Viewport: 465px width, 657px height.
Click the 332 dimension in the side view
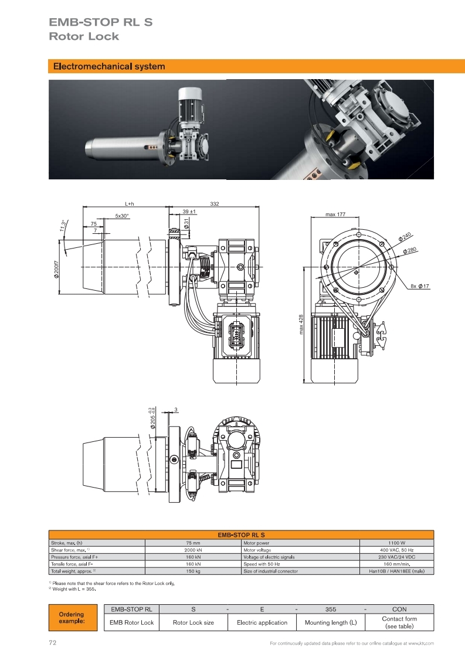(x=214, y=203)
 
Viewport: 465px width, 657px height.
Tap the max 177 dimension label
(x=335, y=214)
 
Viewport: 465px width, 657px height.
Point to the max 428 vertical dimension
(x=301, y=325)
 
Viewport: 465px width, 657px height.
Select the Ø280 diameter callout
(x=410, y=251)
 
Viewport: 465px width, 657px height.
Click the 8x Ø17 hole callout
(x=420, y=286)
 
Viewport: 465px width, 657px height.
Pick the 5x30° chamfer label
(x=122, y=216)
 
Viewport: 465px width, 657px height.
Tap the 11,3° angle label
(x=63, y=226)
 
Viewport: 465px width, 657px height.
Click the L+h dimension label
(x=129, y=203)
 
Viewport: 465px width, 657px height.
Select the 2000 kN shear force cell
(x=193, y=550)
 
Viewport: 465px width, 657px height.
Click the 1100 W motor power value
(x=396, y=543)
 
